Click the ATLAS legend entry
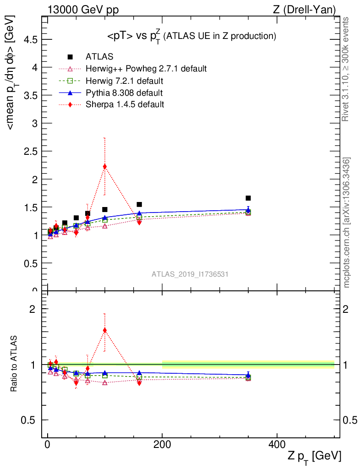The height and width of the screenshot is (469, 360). (99, 57)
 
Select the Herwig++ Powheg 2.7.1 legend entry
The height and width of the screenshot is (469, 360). (146, 69)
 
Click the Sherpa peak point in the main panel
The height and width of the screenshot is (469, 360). (105, 167)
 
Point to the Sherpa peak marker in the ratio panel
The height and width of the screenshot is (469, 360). (105, 330)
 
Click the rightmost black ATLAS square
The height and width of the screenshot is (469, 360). (248, 198)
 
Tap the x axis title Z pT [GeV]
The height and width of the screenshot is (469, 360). (314, 456)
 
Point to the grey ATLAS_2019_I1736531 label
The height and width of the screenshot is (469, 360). (190, 274)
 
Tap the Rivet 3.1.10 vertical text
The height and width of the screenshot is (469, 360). (346, 69)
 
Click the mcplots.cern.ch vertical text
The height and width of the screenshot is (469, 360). (347, 222)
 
